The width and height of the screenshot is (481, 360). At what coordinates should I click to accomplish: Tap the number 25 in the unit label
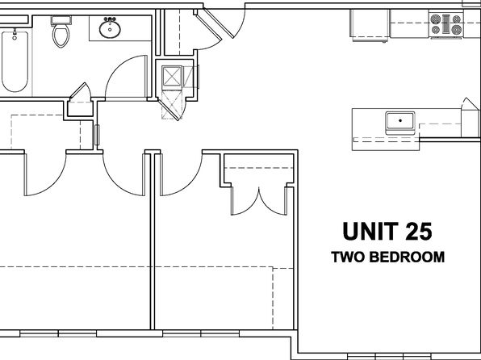coord(417,232)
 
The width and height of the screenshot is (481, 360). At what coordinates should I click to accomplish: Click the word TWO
coord(349,258)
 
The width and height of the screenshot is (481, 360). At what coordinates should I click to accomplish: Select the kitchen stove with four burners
coord(445,25)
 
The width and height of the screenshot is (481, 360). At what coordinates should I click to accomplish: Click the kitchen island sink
coord(399,122)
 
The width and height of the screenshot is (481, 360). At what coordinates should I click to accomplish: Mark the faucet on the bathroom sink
coord(111,19)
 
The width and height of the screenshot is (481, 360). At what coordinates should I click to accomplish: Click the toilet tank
coord(60,19)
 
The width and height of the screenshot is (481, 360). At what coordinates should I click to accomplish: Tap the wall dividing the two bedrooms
coord(151,242)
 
